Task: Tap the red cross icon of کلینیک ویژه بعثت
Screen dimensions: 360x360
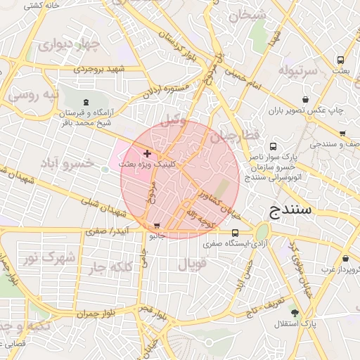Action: [x=147, y=153]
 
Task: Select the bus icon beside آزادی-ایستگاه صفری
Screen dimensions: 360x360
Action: [x=235, y=233]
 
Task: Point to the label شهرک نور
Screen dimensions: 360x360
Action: [x=50, y=258]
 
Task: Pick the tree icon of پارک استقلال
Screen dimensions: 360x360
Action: [x=294, y=313]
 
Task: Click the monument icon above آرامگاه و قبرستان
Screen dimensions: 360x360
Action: [x=86, y=103]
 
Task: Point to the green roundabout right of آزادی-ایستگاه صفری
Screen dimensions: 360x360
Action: [x=262, y=232]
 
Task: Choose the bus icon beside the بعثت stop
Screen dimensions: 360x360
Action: [x=340, y=60]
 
